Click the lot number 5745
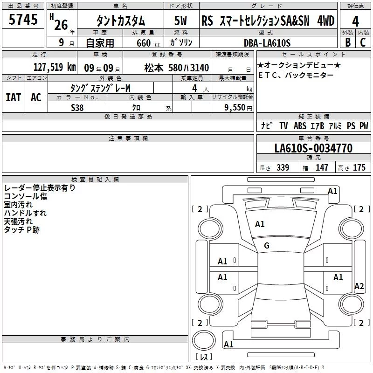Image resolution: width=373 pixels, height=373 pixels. tap(23, 19)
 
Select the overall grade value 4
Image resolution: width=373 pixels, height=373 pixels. tap(355, 21)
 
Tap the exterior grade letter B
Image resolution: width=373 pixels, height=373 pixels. tap(348, 42)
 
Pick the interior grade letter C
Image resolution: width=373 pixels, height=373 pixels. tap(363, 42)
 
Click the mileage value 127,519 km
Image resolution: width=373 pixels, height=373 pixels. tap(55, 67)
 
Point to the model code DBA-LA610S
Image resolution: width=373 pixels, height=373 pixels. tap(267, 43)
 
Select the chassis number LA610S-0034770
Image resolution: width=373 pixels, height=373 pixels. tap(313, 148)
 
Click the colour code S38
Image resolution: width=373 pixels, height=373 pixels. tap(77, 108)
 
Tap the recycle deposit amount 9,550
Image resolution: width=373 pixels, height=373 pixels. tap(235, 107)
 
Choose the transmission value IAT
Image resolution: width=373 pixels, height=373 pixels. tap(14, 97)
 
